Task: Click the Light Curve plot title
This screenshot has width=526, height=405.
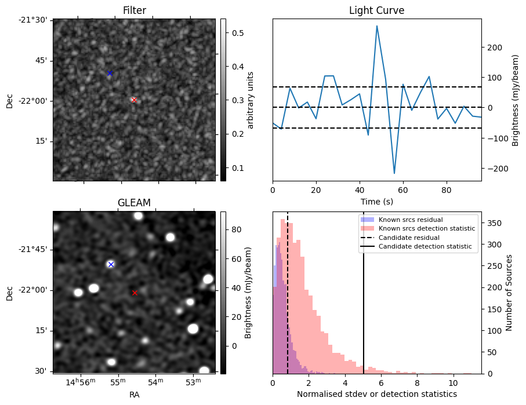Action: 376,10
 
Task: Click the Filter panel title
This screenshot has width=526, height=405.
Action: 134,10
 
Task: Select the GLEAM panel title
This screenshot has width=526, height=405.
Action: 134,203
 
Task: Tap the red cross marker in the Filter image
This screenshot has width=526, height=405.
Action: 134,100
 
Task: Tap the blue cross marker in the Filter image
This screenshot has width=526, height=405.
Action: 110,73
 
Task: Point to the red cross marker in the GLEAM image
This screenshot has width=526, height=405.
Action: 135,293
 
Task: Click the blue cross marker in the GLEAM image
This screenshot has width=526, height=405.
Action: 111,264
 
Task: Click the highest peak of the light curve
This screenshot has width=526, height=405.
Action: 377,26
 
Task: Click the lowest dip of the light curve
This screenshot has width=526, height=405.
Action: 394,173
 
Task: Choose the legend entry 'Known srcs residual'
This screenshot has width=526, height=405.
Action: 410,220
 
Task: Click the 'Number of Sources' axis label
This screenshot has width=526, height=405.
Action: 509,293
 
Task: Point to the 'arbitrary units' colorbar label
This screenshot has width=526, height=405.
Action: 251,100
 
